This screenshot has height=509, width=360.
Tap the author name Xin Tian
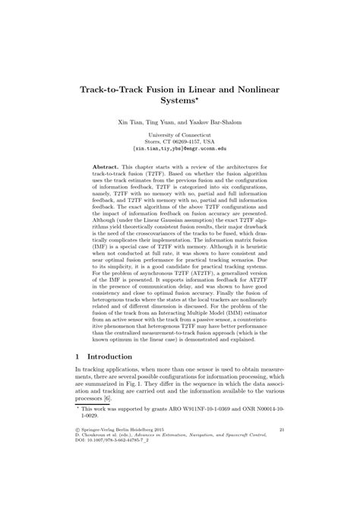click(x=131, y=122)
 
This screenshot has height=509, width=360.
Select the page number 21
click(x=280, y=451)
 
